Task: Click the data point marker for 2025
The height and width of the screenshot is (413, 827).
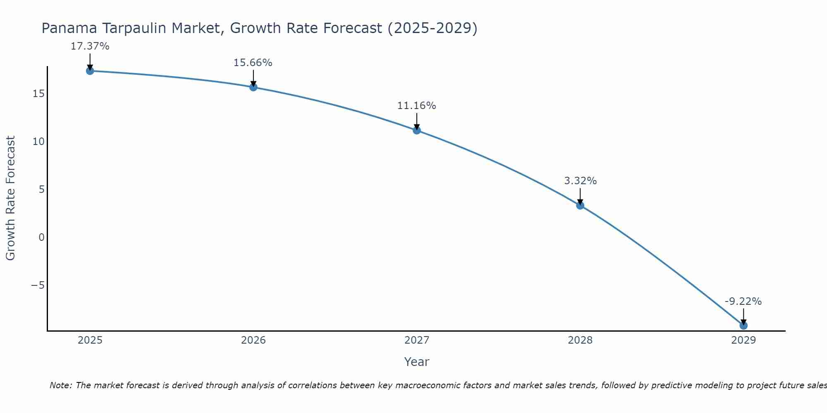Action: coord(90,71)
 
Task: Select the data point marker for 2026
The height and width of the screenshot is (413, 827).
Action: coord(253,87)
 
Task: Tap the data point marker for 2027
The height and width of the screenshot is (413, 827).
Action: coord(417,131)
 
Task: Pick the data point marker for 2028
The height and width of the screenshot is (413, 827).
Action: coord(580,205)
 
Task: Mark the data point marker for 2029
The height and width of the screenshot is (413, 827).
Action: coord(743,325)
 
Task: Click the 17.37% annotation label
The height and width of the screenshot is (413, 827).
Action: coord(90,46)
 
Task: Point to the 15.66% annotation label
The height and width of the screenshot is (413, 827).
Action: coord(253,63)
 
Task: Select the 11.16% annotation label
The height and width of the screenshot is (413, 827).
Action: coord(416,106)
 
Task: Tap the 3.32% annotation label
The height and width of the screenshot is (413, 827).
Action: coord(580,181)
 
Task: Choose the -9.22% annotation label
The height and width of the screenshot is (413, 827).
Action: coord(743,301)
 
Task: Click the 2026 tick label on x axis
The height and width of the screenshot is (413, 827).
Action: coord(253,340)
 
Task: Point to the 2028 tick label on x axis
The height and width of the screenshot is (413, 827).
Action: coord(580,340)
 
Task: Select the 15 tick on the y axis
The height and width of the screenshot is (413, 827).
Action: coord(38,94)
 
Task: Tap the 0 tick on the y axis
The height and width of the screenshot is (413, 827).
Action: coord(41,237)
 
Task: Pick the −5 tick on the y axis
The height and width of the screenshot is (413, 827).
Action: coord(38,285)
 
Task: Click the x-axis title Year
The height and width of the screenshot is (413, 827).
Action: coord(416,362)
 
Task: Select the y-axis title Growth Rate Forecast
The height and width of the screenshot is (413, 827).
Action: coord(10,198)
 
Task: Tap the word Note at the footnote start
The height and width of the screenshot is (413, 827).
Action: coord(61,385)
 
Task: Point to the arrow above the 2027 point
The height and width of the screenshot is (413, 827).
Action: coord(417,121)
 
